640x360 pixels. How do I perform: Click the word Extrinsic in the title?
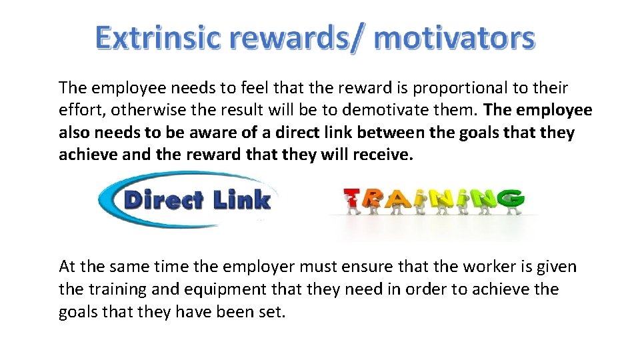point(157,38)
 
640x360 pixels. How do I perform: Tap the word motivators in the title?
point(455,38)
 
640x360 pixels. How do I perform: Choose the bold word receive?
point(380,155)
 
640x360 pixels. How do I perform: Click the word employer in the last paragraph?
point(258,267)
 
